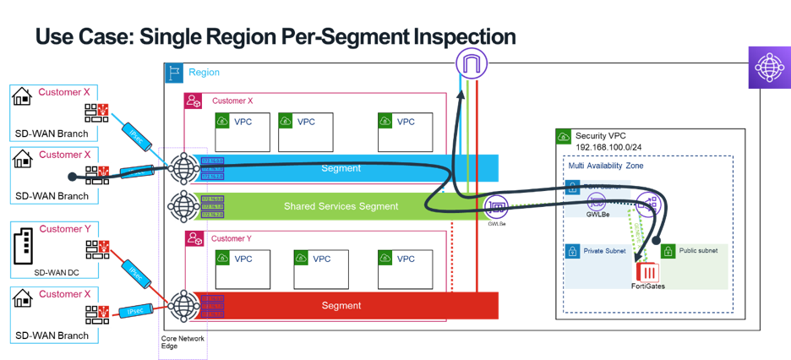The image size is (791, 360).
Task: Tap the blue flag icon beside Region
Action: pyautogui.click(x=173, y=74)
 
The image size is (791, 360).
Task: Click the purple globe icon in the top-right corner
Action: pyautogui.click(x=768, y=68)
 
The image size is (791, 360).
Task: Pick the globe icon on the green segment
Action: pyautogui.click(x=183, y=206)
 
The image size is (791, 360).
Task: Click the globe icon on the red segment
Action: pyautogui.click(x=183, y=305)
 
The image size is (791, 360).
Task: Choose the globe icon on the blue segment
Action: pyautogui.click(x=183, y=168)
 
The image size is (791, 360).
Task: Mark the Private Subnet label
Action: pyautogui.click(x=605, y=251)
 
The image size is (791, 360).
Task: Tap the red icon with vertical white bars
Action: pyautogui.click(x=648, y=273)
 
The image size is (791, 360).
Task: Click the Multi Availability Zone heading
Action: pyautogui.click(x=606, y=166)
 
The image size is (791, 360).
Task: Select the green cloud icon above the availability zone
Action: pyautogui.click(x=564, y=137)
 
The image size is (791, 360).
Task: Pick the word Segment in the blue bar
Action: pyautogui.click(x=341, y=168)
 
